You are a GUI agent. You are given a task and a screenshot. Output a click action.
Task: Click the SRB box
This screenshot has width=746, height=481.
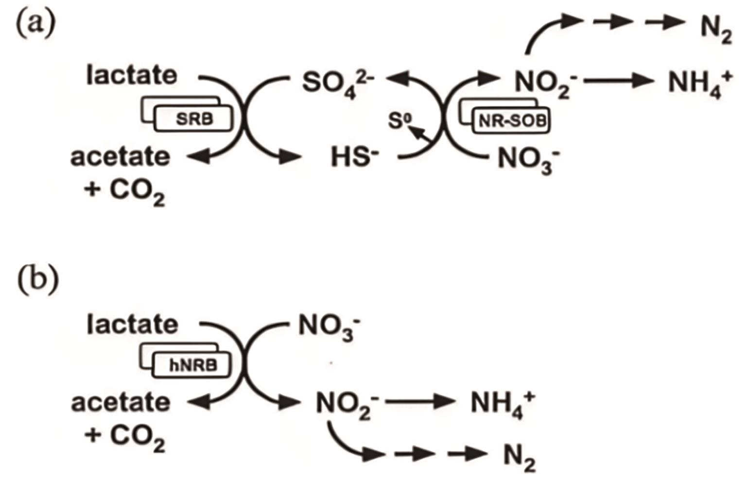pos(192,119)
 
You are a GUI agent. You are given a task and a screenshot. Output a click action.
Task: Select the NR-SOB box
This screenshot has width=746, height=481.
pos(511,121)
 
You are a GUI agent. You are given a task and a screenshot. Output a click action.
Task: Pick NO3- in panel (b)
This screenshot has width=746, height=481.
pos(330,326)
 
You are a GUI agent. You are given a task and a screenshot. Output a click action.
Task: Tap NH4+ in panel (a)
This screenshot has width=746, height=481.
pos(700,85)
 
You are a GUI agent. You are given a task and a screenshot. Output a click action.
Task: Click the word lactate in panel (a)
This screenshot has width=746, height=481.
pos(132,76)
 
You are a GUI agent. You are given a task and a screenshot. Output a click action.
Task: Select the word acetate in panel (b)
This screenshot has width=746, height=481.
pos(121,403)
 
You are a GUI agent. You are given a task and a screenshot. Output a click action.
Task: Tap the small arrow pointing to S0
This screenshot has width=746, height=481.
pos(422,135)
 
